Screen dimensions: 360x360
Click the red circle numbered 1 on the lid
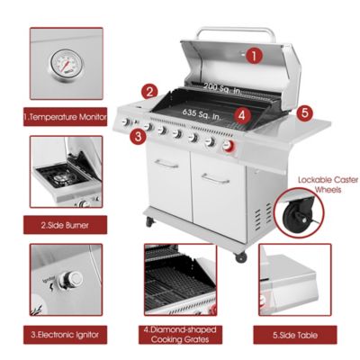(x=254, y=55)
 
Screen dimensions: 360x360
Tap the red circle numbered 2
(x=150, y=91)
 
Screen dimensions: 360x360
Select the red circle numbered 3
(x=138, y=137)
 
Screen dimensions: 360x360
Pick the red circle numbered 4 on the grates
(x=240, y=114)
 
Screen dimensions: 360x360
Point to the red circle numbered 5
(x=305, y=113)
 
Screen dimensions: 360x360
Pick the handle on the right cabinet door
(x=216, y=177)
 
